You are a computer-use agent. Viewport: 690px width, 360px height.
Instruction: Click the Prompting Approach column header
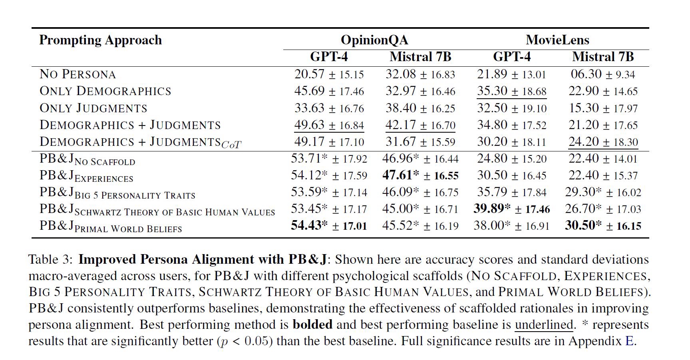click(100, 40)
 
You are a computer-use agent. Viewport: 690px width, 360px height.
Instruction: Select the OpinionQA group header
click(374, 40)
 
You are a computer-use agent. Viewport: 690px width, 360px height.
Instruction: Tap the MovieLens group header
click(557, 40)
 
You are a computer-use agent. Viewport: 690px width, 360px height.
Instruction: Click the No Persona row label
click(78, 74)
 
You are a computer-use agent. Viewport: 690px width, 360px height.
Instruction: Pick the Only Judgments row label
click(93, 108)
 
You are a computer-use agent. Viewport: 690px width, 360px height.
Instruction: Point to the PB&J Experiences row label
click(86, 176)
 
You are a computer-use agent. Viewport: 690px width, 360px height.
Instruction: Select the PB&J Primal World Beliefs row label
click(111, 226)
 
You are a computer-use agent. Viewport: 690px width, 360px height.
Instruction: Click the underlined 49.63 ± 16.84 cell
click(329, 125)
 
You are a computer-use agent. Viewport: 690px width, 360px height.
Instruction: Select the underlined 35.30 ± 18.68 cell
click(511, 91)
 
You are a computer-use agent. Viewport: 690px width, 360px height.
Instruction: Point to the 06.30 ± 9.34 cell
click(603, 74)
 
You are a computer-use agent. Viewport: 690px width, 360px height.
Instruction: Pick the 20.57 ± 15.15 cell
click(329, 74)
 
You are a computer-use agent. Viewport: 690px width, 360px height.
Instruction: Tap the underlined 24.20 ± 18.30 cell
click(603, 142)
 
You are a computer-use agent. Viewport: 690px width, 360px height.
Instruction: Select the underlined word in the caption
click(544, 324)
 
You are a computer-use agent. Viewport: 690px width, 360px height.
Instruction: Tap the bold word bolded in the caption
click(312, 324)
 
